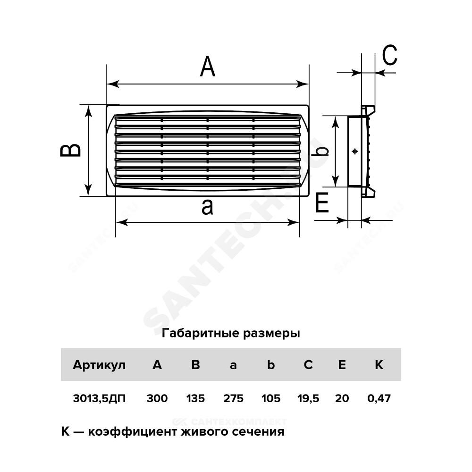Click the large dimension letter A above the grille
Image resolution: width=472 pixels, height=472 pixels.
point(208,67)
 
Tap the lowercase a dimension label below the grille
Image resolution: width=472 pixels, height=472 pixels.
point(207,207)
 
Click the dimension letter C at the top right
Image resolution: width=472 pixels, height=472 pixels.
point(390,55)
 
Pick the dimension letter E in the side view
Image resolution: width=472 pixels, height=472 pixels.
point(322,203)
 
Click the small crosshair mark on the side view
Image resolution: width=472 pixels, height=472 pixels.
point(355,152)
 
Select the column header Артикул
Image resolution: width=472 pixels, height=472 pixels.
point(99,365)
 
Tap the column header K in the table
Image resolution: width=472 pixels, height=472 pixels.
point(379,365)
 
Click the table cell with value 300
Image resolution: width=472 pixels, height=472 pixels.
point(157,398)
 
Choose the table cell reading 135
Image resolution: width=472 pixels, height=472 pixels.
point(195,398)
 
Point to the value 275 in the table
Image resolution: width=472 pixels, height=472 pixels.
point(233,398)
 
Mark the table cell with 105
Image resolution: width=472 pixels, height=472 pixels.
point(271,398)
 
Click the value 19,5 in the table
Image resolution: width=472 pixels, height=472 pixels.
point(308,398)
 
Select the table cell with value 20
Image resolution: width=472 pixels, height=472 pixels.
point(342,398)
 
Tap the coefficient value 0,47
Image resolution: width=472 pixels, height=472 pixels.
point(379,398)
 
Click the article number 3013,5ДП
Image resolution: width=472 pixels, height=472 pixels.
point(99,398)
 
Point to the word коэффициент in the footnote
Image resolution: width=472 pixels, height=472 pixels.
point(133,432)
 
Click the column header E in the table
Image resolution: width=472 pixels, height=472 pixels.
point(342,365)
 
